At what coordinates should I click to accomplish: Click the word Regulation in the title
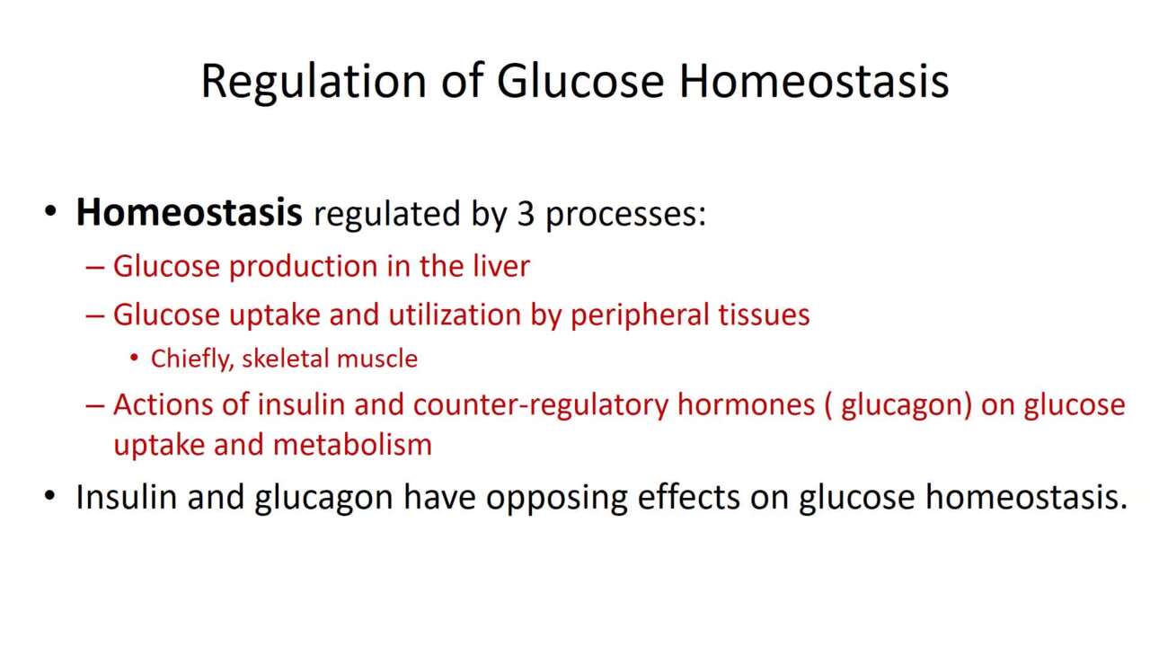[314, 82]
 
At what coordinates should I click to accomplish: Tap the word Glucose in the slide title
[580, 81]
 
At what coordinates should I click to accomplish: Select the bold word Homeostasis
[189, 212]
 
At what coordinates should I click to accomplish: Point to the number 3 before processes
[526, 214]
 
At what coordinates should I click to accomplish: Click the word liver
[500, 266]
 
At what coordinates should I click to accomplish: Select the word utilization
[455, 315]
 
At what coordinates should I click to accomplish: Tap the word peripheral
[639, 315]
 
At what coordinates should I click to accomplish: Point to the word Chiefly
[192, 359]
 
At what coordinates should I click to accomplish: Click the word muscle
[374, 359]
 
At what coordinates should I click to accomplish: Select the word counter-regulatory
[541, 405]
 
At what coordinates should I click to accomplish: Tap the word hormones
[747, 404]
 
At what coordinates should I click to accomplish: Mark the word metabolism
[352, 444]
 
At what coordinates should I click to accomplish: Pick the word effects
[688, 497]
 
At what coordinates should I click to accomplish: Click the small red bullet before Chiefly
[134, 358]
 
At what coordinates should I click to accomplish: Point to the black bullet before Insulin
[49, 496]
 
